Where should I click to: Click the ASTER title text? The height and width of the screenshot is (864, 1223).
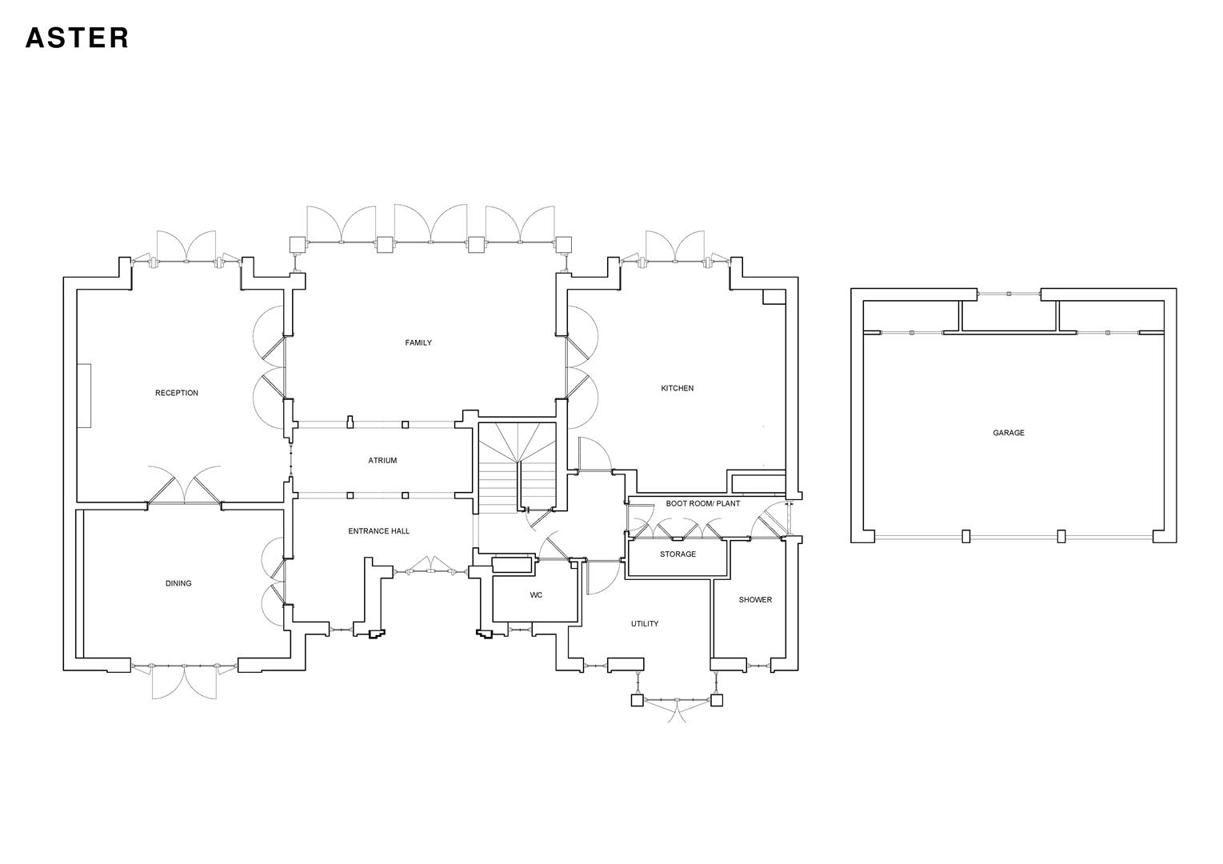[x=77, y=38]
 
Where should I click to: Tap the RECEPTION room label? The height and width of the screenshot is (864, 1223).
[x=177, y=393]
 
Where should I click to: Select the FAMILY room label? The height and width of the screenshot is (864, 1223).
[x=418, y=342]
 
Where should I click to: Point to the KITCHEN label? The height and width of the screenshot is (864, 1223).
[x=677, y=388]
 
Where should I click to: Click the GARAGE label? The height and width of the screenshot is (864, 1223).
[x=1008, y=433]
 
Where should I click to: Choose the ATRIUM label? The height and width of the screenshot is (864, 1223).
[x=382, y=461]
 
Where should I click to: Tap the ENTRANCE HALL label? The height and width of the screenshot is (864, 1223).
[x=379, y=531]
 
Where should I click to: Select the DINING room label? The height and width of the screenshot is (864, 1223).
[x=178, y=583]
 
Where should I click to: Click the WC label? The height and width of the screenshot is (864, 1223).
[x=536, y=595]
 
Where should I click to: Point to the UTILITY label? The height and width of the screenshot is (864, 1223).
[x=644, y=624]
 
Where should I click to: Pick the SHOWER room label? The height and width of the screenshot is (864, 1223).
[x=755, y=600]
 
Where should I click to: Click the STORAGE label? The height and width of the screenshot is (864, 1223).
[x=677, y=554]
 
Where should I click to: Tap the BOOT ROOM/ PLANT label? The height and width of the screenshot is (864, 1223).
[x=702, y=504]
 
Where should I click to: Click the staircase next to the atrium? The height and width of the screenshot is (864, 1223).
[x=517, y=468]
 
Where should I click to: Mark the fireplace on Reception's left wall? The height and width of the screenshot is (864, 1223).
[x=84, y=396]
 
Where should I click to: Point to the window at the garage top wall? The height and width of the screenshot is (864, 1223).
[x=1009, y=295]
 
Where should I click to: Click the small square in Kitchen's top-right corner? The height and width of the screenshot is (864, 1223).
[x=773, y=297]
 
